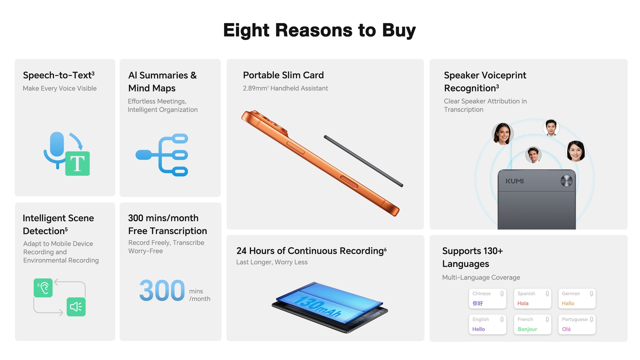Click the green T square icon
(x=77, y=163)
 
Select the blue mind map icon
(x=162, y=155)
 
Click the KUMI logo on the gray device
(x=514, y=181)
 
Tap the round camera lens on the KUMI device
(x=566, y=181)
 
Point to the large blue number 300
(x=162, y=290)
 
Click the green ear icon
(x=43, y=288)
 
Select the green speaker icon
(x=76, y=307)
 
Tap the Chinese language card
(x=487, y=298)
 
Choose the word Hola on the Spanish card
(x=523, y=303)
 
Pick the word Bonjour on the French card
(x=527, y=329)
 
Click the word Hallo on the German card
(x=568, y=303)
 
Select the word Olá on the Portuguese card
(x=566, y=329)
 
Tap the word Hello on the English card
(x=479, y=329)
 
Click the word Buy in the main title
(x=399, y=31)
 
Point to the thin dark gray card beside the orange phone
(x=363, y=161)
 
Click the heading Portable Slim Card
(x=283, y=75)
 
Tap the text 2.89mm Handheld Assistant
(x=285, y=88)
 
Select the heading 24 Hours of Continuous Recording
(x=312, y=251)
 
